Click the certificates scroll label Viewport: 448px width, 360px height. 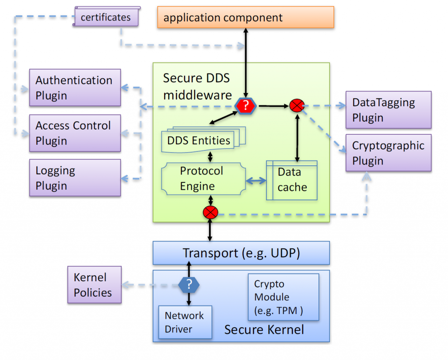click(105, 17)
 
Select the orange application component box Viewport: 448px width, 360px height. click(245, 17)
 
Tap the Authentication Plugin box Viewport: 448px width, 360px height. click(75, 87)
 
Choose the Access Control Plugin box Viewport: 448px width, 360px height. click(75, 133)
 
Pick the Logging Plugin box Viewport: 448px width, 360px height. click(75, 178)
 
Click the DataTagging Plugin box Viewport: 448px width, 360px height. click(388, 110)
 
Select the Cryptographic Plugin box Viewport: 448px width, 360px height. click(388, 153)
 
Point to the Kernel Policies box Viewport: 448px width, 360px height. click(94, 285)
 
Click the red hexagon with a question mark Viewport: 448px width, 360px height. click(246, 105)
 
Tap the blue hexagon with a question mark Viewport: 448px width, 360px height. click(189, 285)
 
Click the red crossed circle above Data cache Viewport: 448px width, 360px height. click(297, 105)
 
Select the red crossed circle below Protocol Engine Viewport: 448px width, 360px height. click(210, 213)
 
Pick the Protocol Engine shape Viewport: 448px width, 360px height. click(202, 178)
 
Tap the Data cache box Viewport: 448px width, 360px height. click(292, 180)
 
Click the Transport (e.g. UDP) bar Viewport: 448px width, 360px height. click(241, 253)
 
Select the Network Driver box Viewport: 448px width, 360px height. click(185, 322)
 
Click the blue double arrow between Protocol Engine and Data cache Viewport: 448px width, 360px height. click(257, 181)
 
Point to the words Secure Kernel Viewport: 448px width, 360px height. click(264, 329)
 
